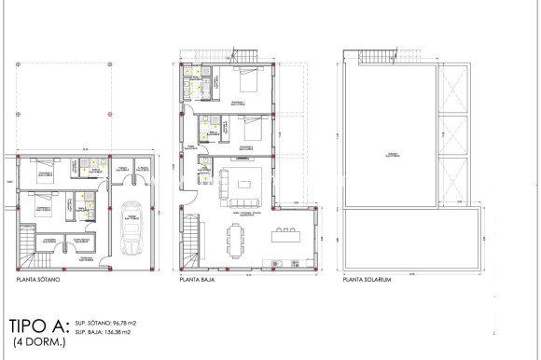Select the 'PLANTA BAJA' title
pos(199,279)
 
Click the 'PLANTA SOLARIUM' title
pos(367,279)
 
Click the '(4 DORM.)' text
pos(34,345)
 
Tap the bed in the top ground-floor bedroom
pos(249,81)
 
